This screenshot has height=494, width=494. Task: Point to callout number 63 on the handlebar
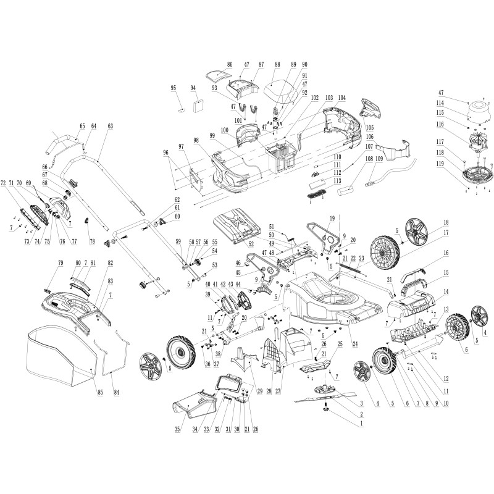pos(111,126)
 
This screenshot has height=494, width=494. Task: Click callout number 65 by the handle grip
pos(82,126)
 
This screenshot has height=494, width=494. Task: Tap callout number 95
pos(174,88)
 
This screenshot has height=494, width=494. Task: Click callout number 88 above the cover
pos(277,65)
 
